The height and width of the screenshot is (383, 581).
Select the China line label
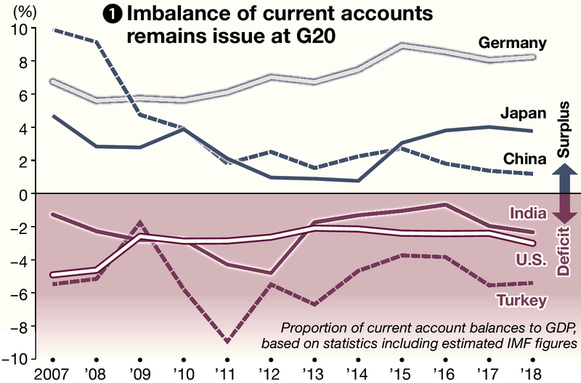pos(521,158)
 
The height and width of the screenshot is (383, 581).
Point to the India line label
pos(524,213)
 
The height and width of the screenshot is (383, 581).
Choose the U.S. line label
pos(524,260)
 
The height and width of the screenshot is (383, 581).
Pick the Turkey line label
pos(521,299)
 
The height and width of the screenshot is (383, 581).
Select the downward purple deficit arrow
pos(566,210)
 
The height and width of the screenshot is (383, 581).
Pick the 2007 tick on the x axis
pos(52,374)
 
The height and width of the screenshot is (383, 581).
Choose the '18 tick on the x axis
pos(533,374)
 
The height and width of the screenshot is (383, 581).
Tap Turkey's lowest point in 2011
pos(227,341)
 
